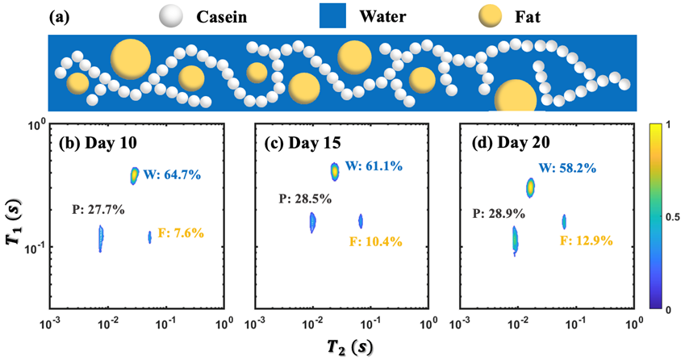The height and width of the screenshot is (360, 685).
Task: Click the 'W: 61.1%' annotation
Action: point(375,166)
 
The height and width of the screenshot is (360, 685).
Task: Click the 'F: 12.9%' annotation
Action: point(586,240)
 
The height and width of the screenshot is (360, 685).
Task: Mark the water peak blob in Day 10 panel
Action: point(135,175)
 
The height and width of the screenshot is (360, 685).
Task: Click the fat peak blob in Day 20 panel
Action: point(564,221)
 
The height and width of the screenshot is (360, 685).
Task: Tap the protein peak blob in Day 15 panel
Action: point(312,222)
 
